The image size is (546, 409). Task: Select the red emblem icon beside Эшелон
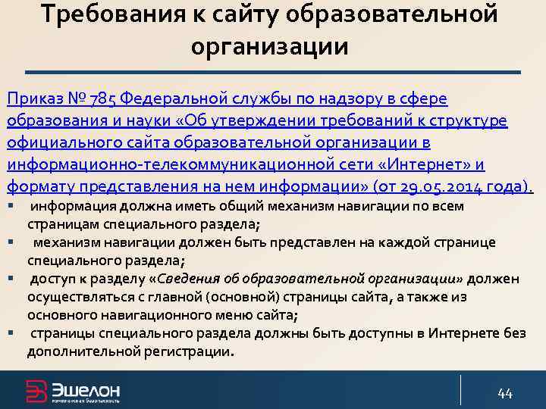click(36, 392)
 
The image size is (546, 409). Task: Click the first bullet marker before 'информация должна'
click(11, 205)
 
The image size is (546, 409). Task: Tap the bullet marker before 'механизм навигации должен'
click(11, 242)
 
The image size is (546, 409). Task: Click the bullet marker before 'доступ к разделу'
click(11, 278)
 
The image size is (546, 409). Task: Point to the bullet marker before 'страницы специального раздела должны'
click(11, 333)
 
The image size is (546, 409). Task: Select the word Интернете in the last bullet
click(461, 333)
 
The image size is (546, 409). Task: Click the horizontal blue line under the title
click(272, 72)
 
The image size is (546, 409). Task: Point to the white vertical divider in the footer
click(460, 389)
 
